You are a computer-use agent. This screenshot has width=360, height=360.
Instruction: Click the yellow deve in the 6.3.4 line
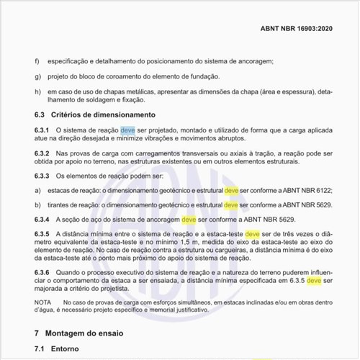(189, 219)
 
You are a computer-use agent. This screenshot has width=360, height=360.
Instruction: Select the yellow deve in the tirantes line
(231, 205)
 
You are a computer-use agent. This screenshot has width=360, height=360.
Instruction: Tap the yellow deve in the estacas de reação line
(231, 191)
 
